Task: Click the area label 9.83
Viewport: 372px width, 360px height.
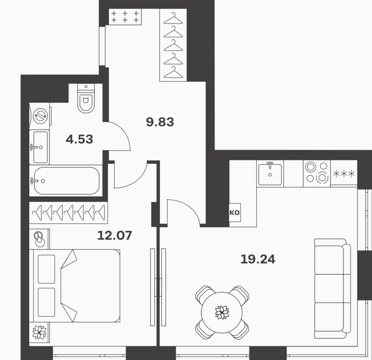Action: pos(160,122)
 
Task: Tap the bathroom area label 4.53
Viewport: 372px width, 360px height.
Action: pos(79,139)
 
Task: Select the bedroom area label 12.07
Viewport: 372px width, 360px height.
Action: pos(115,236)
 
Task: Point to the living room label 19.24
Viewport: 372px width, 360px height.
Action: pos(258,259)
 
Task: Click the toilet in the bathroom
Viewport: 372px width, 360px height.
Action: pos(86,98)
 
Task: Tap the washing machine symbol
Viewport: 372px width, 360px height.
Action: pos(40,116)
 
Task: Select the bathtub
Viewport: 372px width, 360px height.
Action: pos(66,181)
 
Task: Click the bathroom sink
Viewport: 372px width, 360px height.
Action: pos(39,147)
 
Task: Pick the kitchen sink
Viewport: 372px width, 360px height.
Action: pos(270,174)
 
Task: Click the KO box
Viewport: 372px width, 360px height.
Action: pos(235,213)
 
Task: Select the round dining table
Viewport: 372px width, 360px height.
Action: pos(222,312)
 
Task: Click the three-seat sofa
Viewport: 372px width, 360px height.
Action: pos(332,289)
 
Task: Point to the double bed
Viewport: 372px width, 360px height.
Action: pos(75,286)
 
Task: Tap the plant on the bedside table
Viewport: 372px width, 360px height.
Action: pos(39,332)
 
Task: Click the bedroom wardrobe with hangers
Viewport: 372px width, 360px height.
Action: pos(68,213)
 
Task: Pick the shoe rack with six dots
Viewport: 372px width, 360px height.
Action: pos(125,17)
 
